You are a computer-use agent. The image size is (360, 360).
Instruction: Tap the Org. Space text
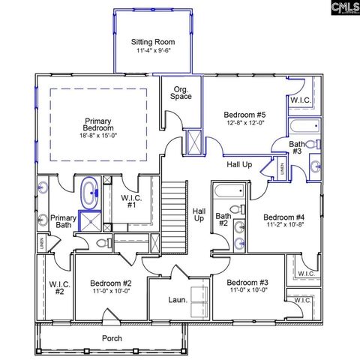(181, 92)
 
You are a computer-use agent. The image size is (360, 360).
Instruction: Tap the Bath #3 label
(298, 147)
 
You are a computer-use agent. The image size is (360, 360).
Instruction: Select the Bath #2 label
(223, 219)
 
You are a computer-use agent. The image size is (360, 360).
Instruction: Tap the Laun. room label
(177, 299)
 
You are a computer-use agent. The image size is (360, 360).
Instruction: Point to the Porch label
(112, 338)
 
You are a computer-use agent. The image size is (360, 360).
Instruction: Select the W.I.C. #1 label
(131, 202)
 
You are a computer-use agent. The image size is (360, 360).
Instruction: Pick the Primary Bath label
(63, 222)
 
